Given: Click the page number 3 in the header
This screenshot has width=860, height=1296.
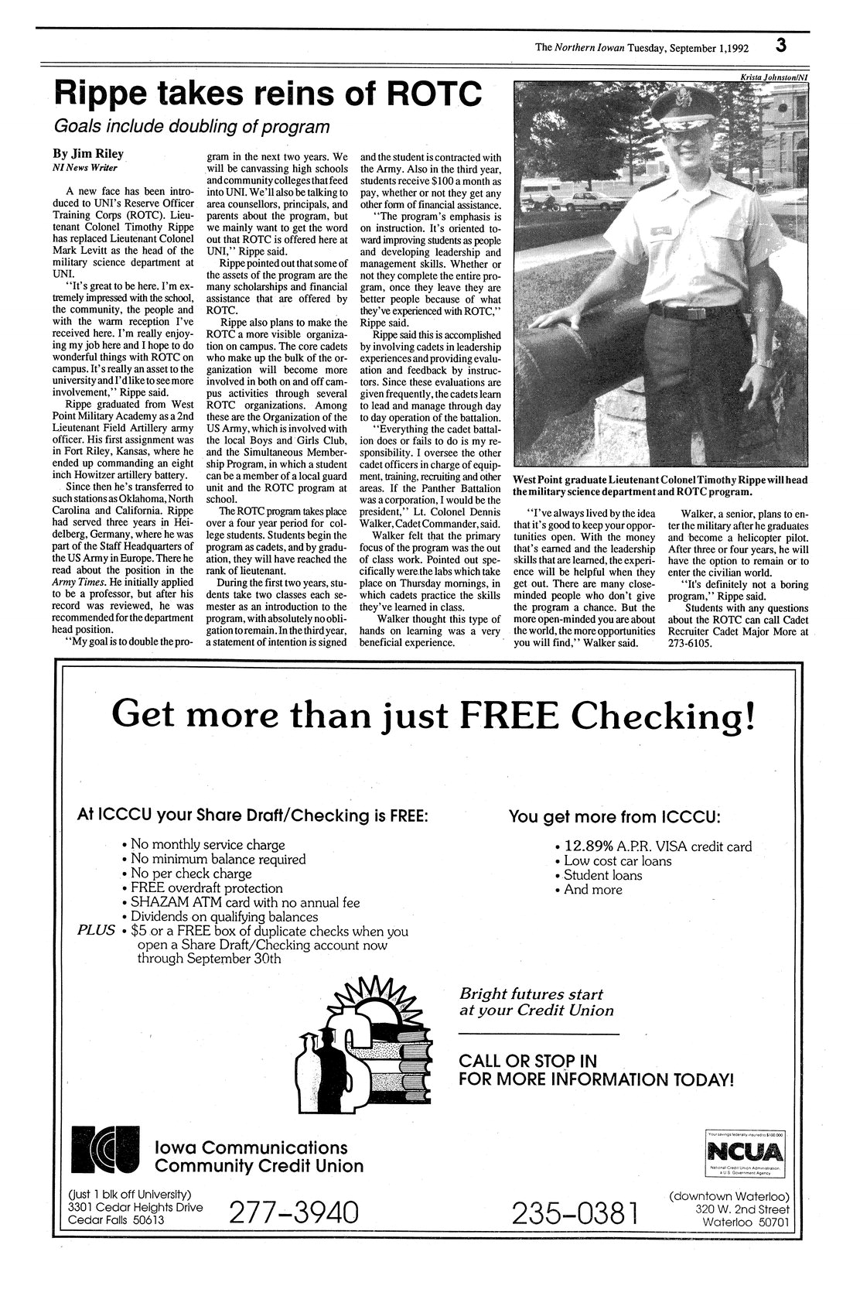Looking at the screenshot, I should (782, 46).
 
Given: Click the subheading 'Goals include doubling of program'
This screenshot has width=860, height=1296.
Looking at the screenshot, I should (191, 127).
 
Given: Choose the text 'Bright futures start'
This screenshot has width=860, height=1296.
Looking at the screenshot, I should (531, 993).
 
